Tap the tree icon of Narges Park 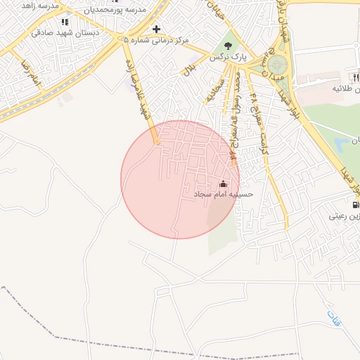[x=227, y=46]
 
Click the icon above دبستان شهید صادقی [x=65, y=22]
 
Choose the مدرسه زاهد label [x=38, y=5]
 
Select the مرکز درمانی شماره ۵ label [x=157, y=40]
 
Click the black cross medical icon [x=156, y=30]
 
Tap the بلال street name [x=188, y=69]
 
